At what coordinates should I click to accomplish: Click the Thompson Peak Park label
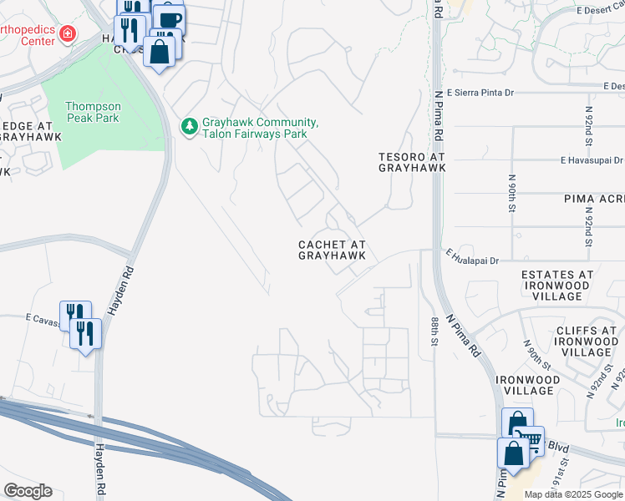click(93, 112)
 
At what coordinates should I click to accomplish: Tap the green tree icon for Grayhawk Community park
click(189, 127)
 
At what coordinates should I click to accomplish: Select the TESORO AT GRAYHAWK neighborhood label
click(411, 162)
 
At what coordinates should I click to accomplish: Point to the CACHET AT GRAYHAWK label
click(332, 250)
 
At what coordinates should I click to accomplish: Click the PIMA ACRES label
click(594, 200)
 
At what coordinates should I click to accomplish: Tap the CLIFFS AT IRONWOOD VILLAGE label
click(586, 342)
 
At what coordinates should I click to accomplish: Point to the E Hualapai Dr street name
click(472, 261)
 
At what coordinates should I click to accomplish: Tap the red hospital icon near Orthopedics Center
click(66, 34)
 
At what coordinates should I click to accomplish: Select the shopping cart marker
click(528, 439)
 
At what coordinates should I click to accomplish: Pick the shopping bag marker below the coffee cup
click(159, 51)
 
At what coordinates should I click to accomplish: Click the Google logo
click(28, 491)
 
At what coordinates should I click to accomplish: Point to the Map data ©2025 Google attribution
click(572, 494)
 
